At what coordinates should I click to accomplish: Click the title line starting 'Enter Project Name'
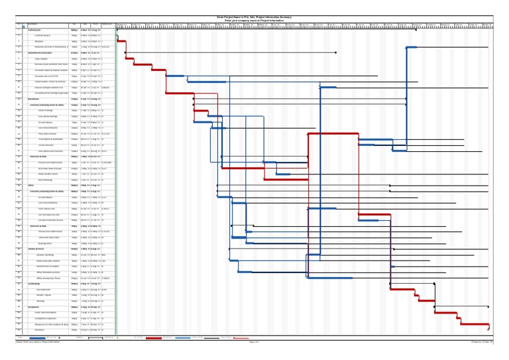[254, 17]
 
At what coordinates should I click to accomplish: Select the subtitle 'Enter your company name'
[254, 21]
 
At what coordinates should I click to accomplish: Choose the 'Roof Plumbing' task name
[45, 179]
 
